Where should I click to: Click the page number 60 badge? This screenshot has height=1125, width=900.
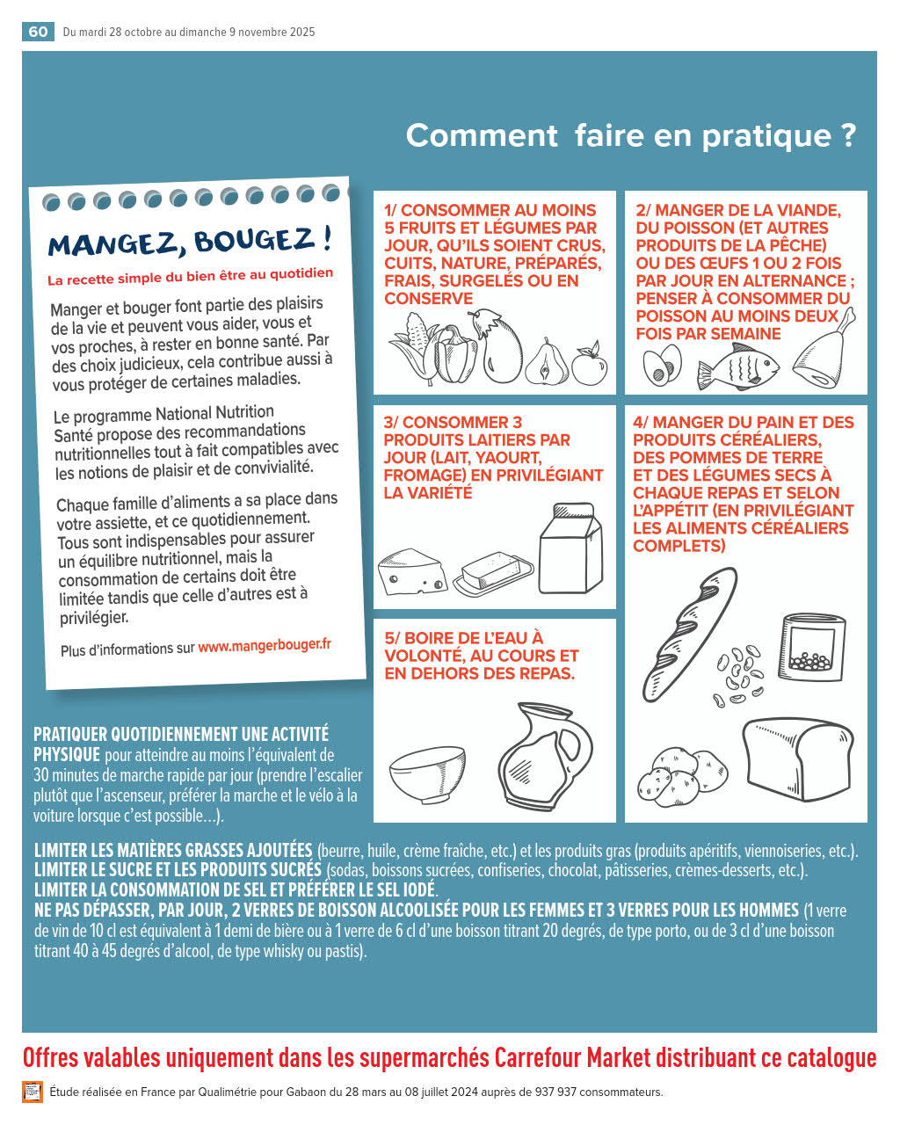(x=38, y=32)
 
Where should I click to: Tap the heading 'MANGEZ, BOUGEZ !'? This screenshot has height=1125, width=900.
(x=189, y=241)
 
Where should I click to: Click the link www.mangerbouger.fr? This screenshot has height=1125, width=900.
(x=264, y=646)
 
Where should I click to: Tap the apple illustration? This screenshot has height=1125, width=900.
(x=590, y=364)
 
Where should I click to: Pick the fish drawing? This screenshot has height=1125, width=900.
(x=737, y=366)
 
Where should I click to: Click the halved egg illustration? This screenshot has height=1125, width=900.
(x=662, y=365)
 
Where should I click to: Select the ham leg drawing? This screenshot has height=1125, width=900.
(x=824, y=351)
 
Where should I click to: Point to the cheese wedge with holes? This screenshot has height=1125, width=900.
(x=412, y=572)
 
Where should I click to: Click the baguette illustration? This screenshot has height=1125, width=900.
(x=689, y=634)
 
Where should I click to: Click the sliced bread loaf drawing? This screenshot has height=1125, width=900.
(x=797, y=759)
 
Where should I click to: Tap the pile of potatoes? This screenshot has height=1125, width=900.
(x=681, y=777)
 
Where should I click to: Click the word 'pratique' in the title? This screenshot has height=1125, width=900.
(x=766, y=136)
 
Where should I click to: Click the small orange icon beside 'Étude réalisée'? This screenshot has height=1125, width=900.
(x=32, y=1092)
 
